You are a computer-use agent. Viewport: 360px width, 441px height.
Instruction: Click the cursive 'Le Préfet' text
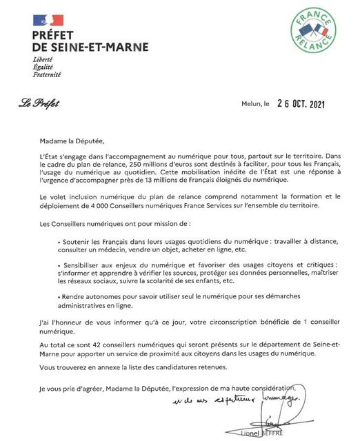[x=39, y=104]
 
